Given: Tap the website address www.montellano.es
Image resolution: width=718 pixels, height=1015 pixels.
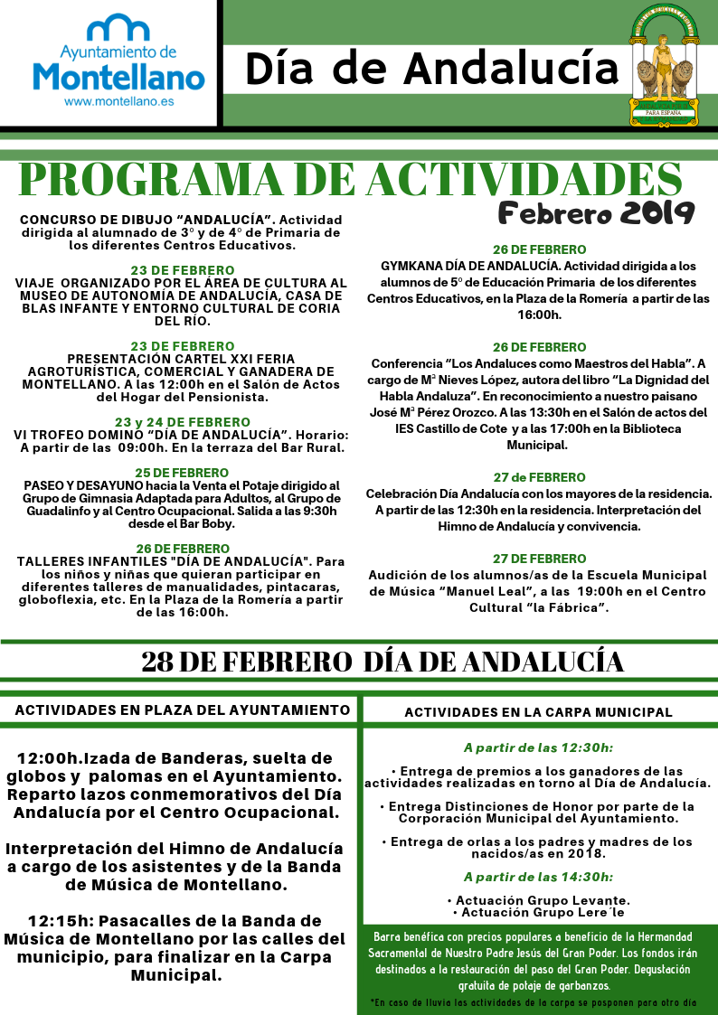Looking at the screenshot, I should point(118,103).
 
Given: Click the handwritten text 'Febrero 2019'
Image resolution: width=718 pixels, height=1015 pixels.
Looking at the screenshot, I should point(596,213).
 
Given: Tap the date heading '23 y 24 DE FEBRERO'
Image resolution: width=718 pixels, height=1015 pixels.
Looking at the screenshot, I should point(183,422).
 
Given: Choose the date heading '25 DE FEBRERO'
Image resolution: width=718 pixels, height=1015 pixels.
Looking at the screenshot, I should point(183,473).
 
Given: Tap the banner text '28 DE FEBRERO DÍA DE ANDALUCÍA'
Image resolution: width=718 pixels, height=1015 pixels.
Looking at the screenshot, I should point(383,662).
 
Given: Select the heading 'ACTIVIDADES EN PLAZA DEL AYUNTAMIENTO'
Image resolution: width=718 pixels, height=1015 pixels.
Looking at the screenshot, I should point(183,710).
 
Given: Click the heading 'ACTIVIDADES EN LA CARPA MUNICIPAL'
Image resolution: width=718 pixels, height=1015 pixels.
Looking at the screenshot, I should point(538,712).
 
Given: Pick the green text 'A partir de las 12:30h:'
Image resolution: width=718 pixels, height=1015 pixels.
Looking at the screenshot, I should point(538,748).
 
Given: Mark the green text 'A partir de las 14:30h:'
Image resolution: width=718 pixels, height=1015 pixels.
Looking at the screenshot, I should point(538,877).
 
